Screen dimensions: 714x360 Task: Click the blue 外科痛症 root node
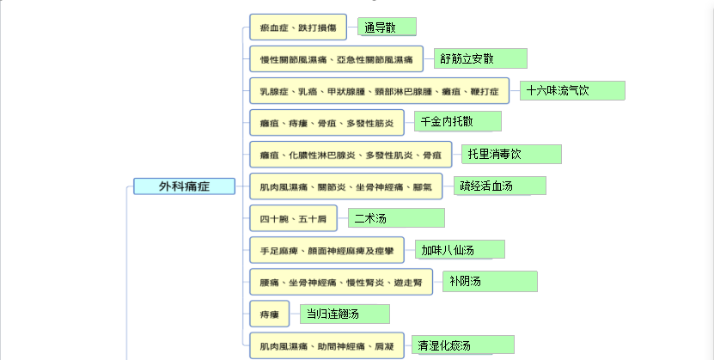point(184,186)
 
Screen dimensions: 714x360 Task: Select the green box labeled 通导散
point(387,27)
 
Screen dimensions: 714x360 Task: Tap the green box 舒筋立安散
point(480,58)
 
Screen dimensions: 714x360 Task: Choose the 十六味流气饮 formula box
point(572,90)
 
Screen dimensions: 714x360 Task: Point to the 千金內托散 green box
point(458,121)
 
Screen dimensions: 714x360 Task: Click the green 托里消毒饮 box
point(511,155)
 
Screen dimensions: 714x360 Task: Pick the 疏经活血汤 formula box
point(500,186)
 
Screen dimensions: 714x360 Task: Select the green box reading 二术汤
point(396,218)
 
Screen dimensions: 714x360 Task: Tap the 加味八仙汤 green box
point(460,250)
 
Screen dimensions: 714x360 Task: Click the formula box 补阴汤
point(490,281)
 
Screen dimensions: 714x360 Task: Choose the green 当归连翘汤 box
point(345,314)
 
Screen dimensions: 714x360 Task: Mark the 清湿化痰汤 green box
point(463,345)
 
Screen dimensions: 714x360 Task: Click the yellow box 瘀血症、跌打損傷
point(298,27)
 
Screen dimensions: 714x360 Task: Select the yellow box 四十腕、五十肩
point(293,218)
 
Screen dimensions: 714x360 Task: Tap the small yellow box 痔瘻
point(269,314)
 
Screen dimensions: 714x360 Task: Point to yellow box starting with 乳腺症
point(379,91)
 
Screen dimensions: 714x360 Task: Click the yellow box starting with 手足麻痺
point(327,250)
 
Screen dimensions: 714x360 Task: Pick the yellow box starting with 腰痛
point(341,282)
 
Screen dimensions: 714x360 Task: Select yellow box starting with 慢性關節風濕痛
point(337,59)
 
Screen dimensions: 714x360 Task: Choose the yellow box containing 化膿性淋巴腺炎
point(351,155)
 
